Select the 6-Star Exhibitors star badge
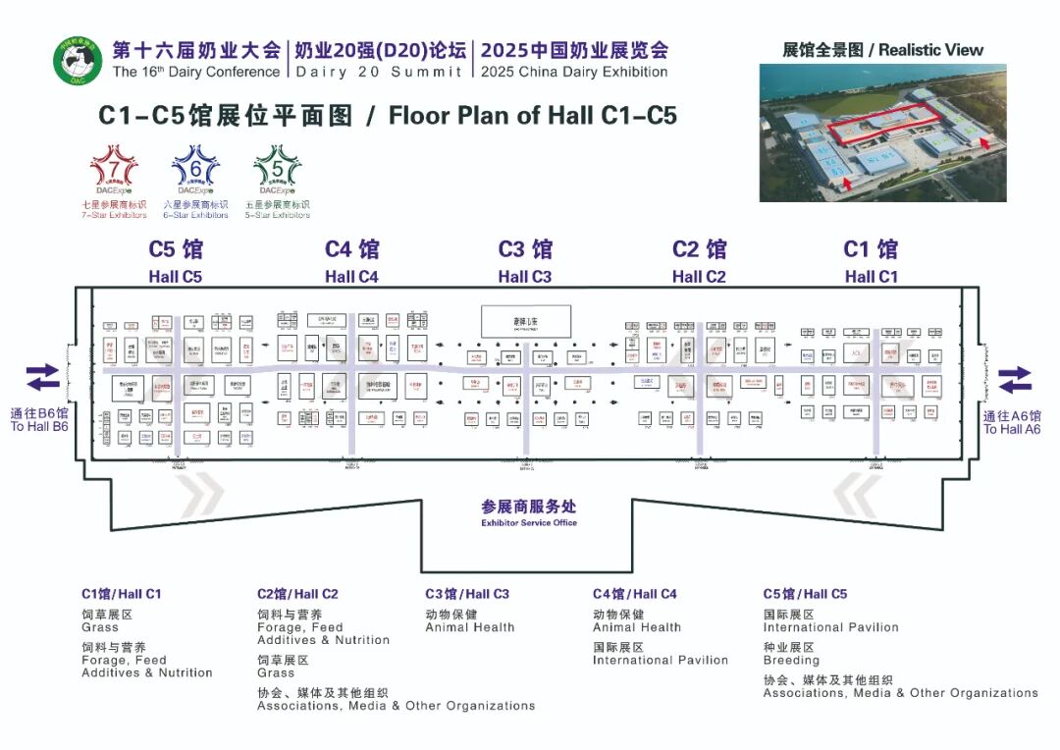coord(195,170)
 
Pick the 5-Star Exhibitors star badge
coord(278,170)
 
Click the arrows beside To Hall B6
coord(42,378)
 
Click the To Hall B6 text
coord(39,420)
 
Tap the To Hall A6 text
coord(1012,423)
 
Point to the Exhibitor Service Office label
coord(529,512)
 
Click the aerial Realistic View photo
coord(883,133)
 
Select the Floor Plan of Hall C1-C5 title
coord(388,115)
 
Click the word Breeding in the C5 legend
coord(791,661)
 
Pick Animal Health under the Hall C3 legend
coord(469,627)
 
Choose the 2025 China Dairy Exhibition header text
coord(575,60)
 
